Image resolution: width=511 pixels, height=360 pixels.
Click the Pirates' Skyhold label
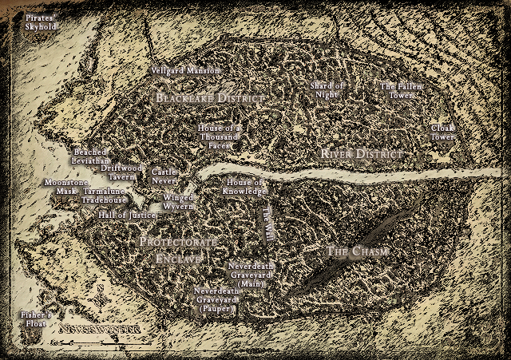pos(41,22)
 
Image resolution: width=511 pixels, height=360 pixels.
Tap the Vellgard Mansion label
pos(185,71)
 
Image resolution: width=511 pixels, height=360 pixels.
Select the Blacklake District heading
pos(209,98)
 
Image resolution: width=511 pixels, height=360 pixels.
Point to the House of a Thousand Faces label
pos(220,136)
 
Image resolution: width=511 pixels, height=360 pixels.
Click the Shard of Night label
pos(327,90)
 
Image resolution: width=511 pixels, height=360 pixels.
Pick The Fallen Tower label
pos(401,90)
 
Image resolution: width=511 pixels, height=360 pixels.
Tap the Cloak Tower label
pos(442,132)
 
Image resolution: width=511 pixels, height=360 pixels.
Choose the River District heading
pos(358,152)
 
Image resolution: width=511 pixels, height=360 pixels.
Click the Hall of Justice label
pos(126,215)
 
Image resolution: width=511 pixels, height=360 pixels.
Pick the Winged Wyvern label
pos(178,201)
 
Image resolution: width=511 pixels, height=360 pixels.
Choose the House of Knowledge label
pos(245,187)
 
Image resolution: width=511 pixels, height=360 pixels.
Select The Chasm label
pos(358,251)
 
